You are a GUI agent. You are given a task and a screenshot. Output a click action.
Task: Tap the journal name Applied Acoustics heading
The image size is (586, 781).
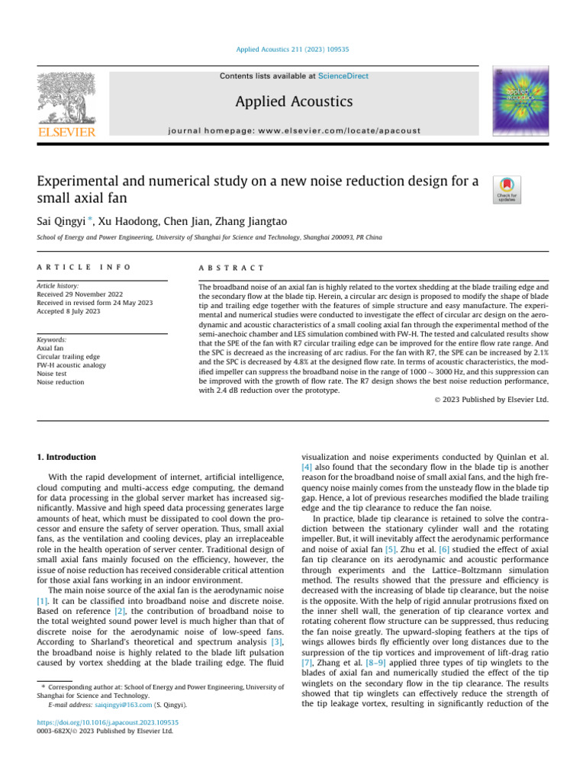click(293, 101)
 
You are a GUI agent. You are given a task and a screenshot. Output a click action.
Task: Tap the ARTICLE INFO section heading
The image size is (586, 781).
click(83, 268)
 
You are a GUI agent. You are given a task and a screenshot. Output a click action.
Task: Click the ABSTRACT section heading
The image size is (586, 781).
click(231, 268)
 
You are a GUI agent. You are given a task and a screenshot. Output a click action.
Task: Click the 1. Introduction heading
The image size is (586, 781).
click(67, 457)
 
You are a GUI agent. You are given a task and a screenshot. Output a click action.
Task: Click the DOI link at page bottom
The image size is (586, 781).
click(108, 722)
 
